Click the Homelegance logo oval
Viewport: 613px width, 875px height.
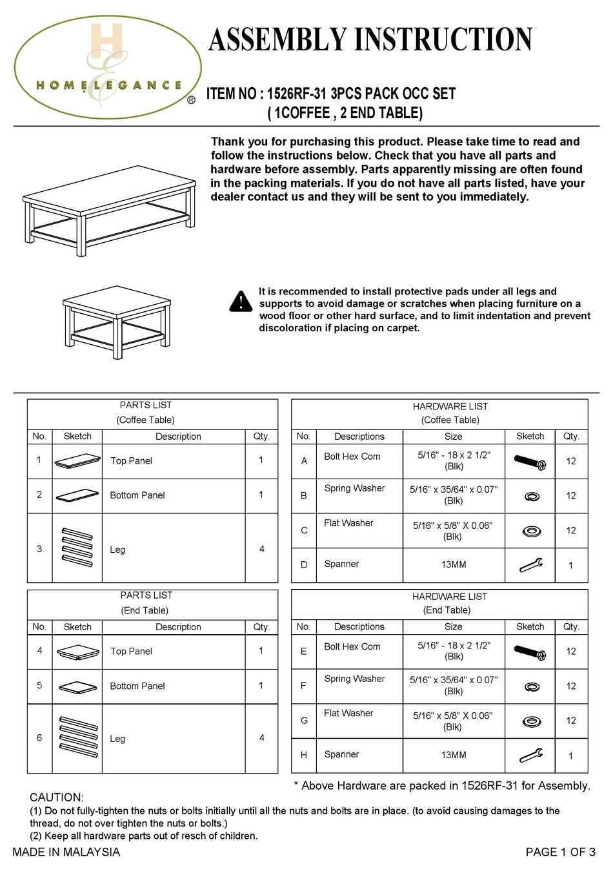click(107, 68)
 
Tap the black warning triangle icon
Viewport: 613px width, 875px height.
click(241, 301)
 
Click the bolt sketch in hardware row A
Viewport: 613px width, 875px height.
click(530, 462)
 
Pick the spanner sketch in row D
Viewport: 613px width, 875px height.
click(530, 565)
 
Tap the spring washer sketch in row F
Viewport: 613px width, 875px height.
click(532, 686)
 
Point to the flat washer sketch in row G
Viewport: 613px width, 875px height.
click(531, 721)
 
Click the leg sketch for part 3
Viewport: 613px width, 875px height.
click(77, 548)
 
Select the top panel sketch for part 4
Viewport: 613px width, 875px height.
click(77, 652)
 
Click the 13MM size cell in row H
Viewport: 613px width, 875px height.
click(454, 755)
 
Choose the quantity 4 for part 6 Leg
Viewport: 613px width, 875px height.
click(261, 737)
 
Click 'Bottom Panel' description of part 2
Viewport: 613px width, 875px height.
click(137, 495)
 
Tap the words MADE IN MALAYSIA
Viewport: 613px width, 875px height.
click(66, 852)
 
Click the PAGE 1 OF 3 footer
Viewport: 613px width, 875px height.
click(560, 852)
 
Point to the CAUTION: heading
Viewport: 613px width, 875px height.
click(57, 798)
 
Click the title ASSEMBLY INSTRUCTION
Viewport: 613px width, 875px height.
click(370, 40)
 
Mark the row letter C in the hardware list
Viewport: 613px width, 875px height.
click(304, 530)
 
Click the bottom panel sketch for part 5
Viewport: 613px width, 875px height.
click(77, 687)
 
